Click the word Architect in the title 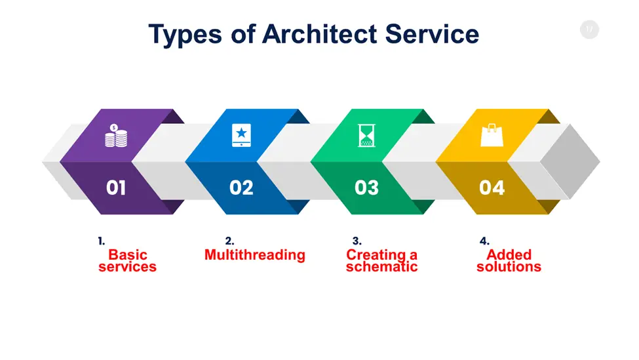point(319,34)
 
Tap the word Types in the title point(185,35)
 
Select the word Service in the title point(432,34)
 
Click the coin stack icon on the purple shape point(116,135)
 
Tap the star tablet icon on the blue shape point(241,135)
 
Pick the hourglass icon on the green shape point(366,135)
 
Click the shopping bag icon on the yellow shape point(492,135)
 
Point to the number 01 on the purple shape point(116,188)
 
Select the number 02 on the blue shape point(241,188)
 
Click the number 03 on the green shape point(366,188)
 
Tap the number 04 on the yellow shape point(492,188)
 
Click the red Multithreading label point(255,255)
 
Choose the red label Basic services point(128,260)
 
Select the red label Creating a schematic point(382,260)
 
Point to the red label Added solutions point(509,260)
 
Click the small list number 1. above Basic point(102,241)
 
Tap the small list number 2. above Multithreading point(229,241)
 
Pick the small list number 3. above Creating point(357,241)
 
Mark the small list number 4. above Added point(484,241)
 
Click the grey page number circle point(589,30)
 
